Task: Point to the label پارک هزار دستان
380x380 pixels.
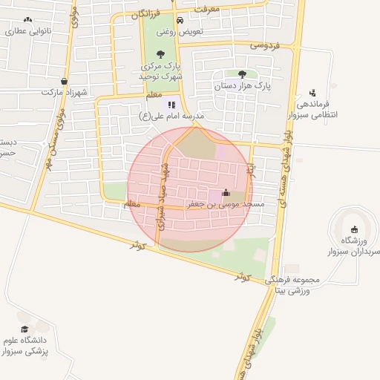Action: tap(243, 86)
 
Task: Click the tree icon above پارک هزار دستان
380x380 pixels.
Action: tap(242, 73)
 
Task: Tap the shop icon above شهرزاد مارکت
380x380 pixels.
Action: tap(64, 82)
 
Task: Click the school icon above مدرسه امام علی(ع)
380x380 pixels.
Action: tap(171, 105)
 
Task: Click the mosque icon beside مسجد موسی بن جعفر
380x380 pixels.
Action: tap(226, 194)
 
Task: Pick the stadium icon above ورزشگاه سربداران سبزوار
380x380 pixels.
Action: tap(353, 229)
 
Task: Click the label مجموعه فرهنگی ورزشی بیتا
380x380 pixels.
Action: tap(297, 285)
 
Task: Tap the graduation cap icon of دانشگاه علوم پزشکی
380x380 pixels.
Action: tap(24, 329)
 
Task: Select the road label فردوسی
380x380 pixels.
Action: tap(265, 45)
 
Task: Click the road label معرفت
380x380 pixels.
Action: tap(208, 9)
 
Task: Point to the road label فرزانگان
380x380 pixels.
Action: tap(145, 14)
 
